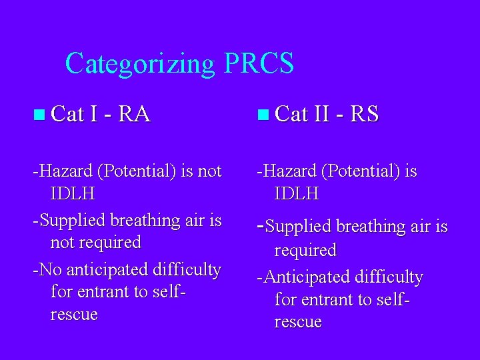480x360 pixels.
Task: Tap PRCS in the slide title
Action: [x=259, y=64]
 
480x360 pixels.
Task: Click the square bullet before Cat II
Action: [x=263, y=115]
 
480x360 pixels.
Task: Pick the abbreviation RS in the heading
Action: [x=364, y=115]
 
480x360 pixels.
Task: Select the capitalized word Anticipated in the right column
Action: [x=303, y=277]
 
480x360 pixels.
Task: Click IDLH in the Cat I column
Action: [x=72, y=194]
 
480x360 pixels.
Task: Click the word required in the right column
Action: [x=305, y=250]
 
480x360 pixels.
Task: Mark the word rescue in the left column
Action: [x=74, y=314]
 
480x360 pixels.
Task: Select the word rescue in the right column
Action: [x=297, y=322]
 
